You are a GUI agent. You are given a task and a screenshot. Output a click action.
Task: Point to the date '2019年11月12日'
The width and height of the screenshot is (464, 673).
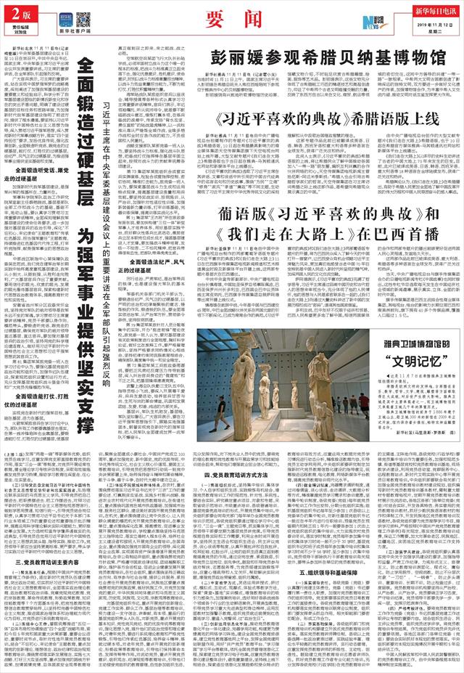tap(427, 25)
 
